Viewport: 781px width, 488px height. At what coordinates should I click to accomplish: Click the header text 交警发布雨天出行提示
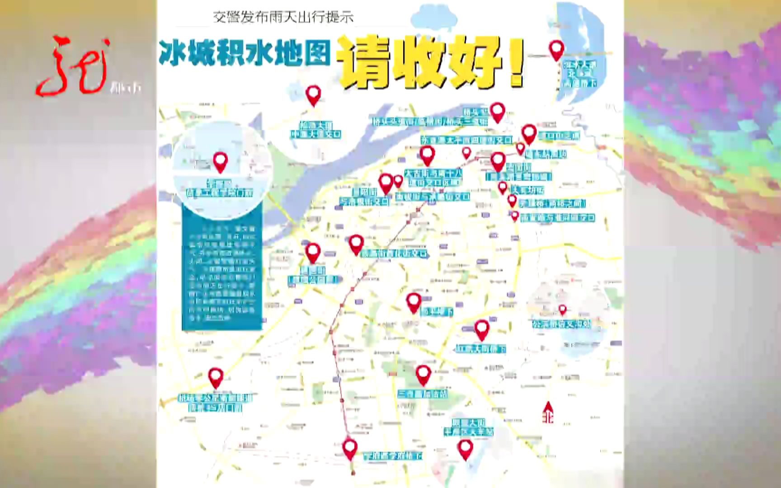(x=283, y=18)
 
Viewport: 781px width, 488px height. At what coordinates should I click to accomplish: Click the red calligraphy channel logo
(x=75, y=66)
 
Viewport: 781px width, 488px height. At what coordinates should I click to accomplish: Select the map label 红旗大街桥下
(x=480, y=349)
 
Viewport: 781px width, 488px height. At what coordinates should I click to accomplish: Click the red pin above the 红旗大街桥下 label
(x=482, y=329)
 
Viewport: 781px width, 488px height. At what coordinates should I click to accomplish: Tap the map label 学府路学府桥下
(x=393, y=456)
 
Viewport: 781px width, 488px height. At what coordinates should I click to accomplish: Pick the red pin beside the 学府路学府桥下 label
(x=350, y=449)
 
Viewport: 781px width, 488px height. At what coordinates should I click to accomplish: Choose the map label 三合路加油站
(x=423, y=394)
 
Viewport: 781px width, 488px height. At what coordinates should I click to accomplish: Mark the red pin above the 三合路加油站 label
(x=423, y=374)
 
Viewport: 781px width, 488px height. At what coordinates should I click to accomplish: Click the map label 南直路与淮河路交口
(x=557, y=218)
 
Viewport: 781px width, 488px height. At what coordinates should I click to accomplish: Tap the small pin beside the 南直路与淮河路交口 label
(x=515, y=216)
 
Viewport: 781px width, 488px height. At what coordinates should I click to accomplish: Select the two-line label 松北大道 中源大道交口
(x=315, y=130)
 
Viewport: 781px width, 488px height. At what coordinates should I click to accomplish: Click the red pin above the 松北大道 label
(x=313, y=95)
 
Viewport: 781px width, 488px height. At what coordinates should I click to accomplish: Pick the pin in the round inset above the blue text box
(x=220, y=162)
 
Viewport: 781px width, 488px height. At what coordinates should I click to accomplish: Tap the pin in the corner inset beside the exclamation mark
(x=556, y=50)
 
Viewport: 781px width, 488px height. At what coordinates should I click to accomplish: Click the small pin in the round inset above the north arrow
(x=562, y=310)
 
